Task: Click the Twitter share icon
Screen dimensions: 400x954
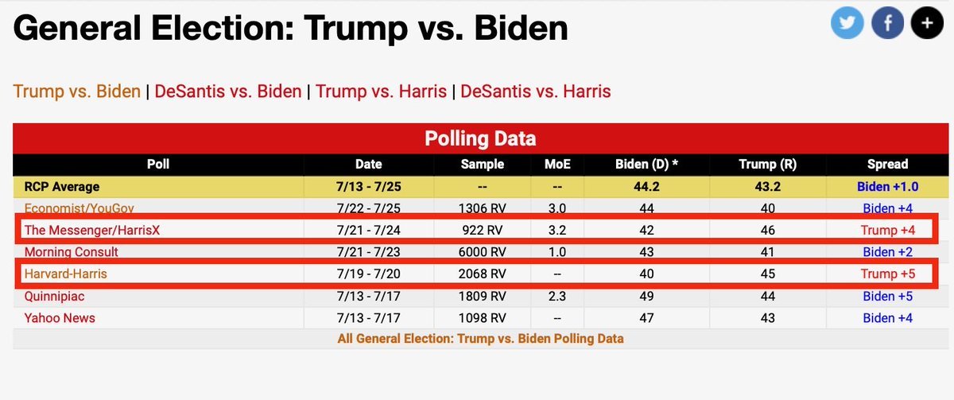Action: click(847, 23)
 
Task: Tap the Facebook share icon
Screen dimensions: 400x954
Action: click(886, 23)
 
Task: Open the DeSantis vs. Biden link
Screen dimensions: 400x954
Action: click(228, 91)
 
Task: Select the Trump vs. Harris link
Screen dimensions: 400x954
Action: click(381, 91)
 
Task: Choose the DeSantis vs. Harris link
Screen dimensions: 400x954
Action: click(535, 91)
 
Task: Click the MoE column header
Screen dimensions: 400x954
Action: click(556, 165)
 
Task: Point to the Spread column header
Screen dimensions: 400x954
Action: click(887, 165)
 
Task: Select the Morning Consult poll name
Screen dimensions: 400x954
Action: click(72, 252)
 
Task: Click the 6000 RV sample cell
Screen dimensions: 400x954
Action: click(483, 252)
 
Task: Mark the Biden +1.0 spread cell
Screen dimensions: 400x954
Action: click(887, 187)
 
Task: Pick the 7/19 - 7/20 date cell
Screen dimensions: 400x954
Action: click(368, 274)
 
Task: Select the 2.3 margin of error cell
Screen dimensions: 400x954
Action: click(556, 296)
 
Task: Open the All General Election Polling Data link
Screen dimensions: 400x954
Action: click(480, 339)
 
